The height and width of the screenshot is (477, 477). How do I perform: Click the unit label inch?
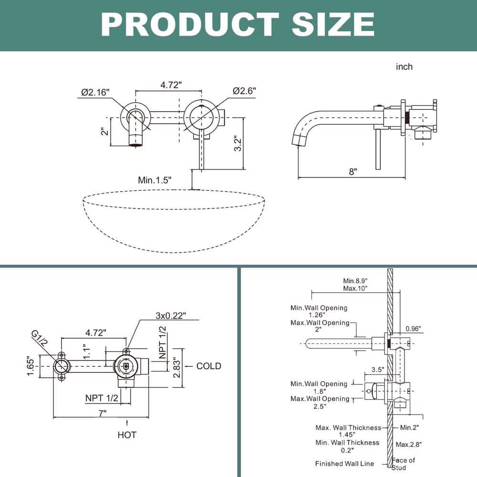404,67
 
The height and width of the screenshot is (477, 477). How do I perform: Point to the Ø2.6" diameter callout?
245,91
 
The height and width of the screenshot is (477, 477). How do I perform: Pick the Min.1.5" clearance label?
155,180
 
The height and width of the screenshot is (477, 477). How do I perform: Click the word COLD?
209,366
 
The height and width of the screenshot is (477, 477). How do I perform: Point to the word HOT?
127,435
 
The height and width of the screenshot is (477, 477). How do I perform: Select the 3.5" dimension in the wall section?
378,369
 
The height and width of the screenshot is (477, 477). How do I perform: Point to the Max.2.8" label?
409,444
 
